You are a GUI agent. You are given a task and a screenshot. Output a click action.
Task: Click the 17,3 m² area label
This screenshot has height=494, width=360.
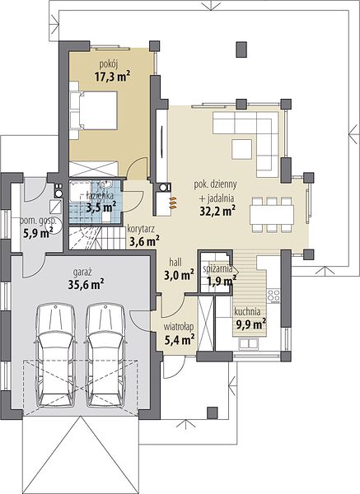[112, 77]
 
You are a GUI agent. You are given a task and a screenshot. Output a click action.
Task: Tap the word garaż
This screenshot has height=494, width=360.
[82, 272]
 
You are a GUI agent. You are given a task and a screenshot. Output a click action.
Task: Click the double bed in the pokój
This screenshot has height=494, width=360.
[93, 110]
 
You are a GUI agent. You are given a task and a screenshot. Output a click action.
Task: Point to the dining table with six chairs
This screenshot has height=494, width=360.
[272, 215]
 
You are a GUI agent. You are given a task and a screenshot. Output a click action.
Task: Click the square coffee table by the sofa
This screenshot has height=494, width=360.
[242, 149]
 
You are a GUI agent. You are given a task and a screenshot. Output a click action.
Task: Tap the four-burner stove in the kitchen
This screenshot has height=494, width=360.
[274, 296]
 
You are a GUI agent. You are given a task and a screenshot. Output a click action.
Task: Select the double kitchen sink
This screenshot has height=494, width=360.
[249, 343]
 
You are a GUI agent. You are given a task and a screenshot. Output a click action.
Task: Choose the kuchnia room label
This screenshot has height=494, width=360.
[247, 312]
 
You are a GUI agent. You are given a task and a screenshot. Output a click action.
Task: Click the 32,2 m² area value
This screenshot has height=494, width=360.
[217, 212]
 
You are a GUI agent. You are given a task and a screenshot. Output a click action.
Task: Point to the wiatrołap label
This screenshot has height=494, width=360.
[179, 327]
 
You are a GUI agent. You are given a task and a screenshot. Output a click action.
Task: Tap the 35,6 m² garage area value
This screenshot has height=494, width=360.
[86, 285]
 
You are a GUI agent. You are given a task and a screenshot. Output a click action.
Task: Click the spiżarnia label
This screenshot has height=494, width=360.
[217, 268]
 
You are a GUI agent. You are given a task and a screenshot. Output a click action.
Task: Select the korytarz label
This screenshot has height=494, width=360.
[141, 229]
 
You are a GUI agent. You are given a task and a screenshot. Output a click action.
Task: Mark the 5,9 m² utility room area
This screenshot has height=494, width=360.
[38, 233]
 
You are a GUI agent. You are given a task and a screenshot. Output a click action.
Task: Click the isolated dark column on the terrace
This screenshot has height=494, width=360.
[241, 49]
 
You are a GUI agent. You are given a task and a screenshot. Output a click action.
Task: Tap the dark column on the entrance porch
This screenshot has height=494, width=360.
[213, 412]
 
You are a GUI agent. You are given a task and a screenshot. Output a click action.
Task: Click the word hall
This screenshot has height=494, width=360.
[175, 262]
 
